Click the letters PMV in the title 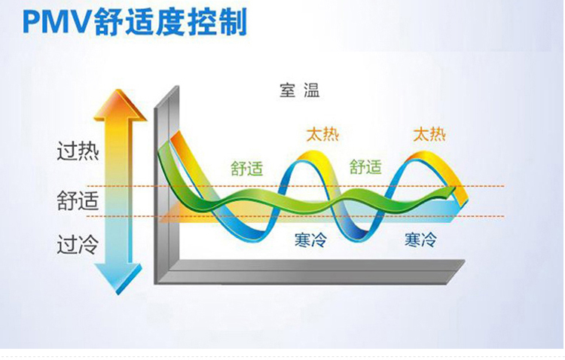tap(58, 23)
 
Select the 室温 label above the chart tap(299, 90)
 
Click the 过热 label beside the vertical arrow tap(78, 151)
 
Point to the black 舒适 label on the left tap(78, 201)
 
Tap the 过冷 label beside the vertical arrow tap(78, 245)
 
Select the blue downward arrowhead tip tap(118, 294)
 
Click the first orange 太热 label tap(323, 134)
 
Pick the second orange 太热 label tap(429, 134)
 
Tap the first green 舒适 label tap(247, 168)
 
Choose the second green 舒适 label tap(365, 167)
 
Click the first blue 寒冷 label tap(310, 239)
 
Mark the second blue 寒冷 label tap(420, 239)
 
